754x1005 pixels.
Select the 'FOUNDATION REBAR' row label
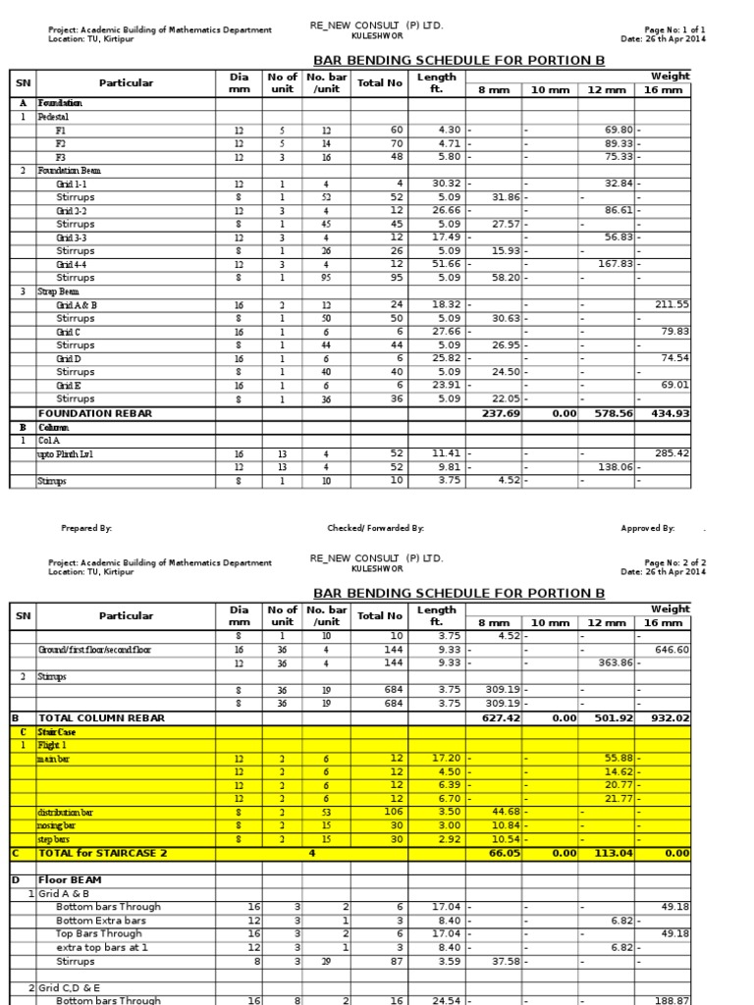click(95, 413)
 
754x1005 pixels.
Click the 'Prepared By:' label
click(86, 528)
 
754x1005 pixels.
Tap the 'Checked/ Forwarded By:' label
click(375, 528)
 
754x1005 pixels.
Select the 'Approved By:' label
click(647, 528)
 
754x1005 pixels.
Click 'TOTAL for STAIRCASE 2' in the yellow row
click(103, 853)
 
